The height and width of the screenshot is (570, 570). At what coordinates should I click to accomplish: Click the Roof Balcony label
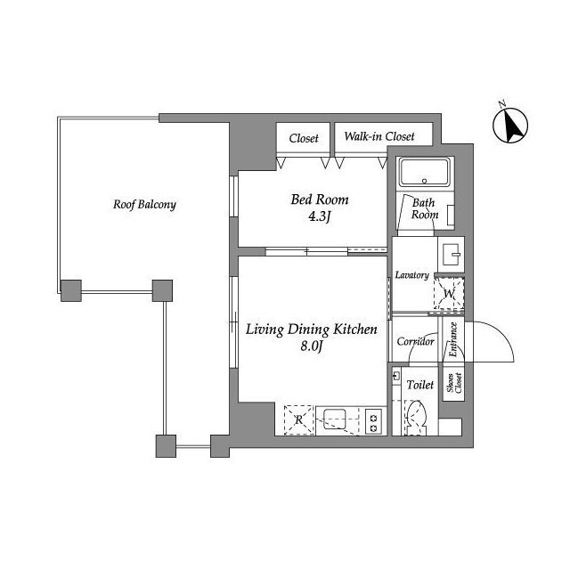(144, 205)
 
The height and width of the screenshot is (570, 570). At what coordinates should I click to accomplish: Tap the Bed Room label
(320, 199)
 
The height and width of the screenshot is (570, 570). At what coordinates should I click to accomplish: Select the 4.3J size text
(320, 217)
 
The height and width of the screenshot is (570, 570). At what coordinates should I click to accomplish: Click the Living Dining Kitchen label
(312, 330)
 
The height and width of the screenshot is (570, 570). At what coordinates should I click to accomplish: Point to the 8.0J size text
(312, 346)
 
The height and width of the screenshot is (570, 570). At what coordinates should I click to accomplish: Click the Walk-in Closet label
(379, 136)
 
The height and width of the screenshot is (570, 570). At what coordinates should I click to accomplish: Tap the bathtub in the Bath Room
(425, 172)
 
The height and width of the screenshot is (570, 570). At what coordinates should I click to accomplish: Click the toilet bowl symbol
(415, 418)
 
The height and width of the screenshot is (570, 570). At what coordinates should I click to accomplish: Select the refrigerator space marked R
(299, 419)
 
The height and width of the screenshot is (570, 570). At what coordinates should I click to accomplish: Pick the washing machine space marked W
(449, 293)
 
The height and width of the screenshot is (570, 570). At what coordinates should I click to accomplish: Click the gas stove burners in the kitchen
(373, 421)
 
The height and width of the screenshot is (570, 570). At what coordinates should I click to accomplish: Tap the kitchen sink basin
(335, 419)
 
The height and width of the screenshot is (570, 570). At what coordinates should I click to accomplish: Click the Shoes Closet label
(454, 383)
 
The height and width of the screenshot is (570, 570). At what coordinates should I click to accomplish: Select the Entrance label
(453, 339)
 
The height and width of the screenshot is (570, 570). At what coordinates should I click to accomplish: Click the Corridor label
(416, 342)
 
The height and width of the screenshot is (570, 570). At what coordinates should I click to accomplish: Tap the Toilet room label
(420, 385)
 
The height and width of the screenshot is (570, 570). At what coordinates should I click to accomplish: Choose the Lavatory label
(411, 275)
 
